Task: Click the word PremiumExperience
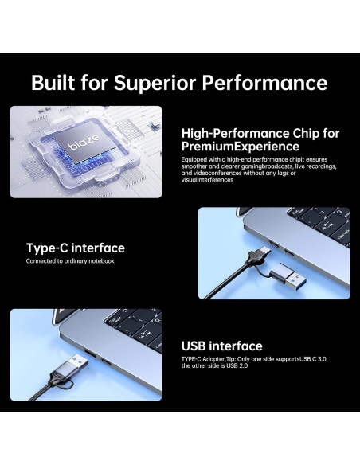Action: (x=240, y=147)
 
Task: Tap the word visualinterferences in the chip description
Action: (x=208, y=180)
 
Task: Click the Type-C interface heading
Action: (x=75, y=248)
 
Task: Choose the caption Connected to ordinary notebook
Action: (x=70, y=261)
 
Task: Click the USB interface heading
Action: (x=221, y=346)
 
